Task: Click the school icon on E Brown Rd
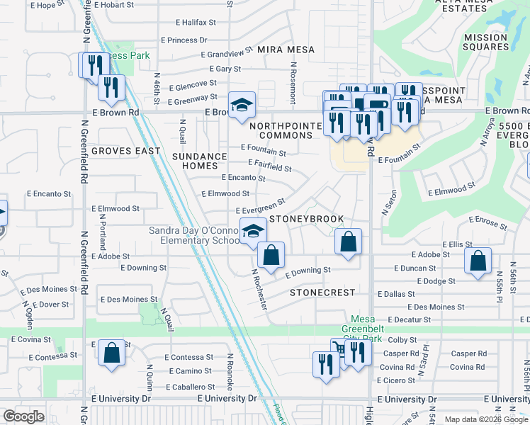pos(242,106)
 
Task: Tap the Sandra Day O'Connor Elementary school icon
pos(252,230)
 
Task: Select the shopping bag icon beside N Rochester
pos(271,255)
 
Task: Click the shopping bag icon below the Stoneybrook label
pos(348,242)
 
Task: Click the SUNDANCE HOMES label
pos(198,161)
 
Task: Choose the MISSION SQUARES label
pos(486,42)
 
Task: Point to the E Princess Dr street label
pos(184,40)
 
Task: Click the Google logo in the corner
pos(23,416)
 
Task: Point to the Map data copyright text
pos(487,419)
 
